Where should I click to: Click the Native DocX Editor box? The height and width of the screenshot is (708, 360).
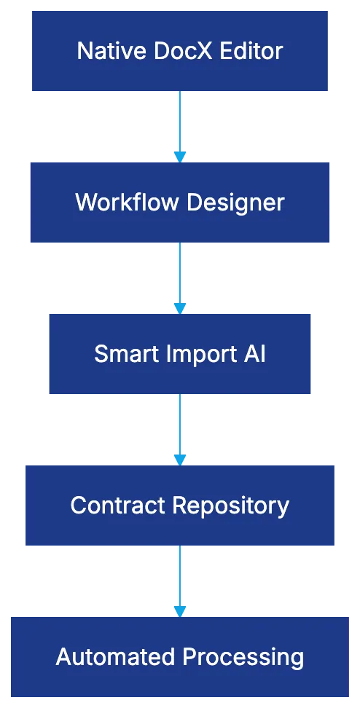click(x=180, y=51)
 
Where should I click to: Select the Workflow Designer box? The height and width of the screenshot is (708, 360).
click(x=180, y=202)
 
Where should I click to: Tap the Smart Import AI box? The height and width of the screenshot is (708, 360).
click(x=180, y=354)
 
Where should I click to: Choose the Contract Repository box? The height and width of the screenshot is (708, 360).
click(x=180, y=506)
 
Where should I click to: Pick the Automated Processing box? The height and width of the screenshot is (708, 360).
click(x=180, y=657)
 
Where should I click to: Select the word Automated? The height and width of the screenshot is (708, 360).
click(x=108, y=657)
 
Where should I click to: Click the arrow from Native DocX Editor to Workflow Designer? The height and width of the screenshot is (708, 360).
click(x=179, y=124)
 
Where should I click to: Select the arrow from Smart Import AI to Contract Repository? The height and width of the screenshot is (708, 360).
click(x=179, y=428)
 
